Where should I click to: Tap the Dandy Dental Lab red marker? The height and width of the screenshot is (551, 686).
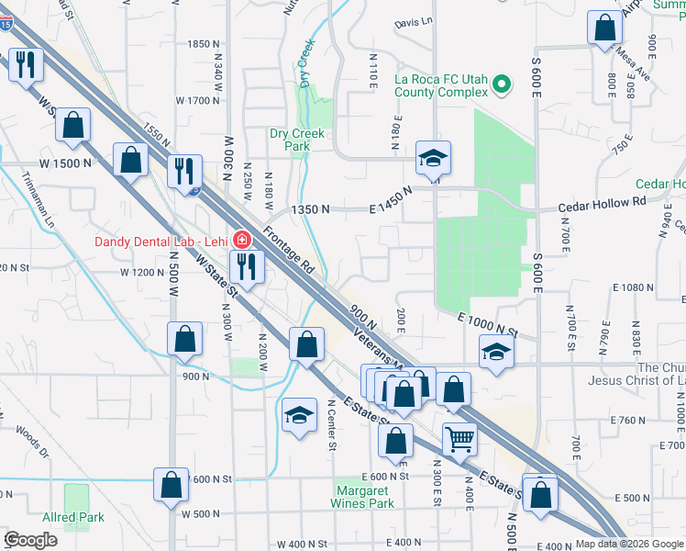point(240,241)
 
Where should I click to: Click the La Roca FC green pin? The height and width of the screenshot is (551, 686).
point(502,85)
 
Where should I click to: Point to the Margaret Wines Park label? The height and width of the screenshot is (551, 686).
point(363,497)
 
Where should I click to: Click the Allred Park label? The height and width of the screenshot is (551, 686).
point(73,517)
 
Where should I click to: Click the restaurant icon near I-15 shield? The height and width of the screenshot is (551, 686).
point(184,168)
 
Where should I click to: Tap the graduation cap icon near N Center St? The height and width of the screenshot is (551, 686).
point(299,417)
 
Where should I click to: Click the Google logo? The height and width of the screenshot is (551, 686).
point(30,540)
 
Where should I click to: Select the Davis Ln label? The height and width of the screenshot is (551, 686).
point(413,22)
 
